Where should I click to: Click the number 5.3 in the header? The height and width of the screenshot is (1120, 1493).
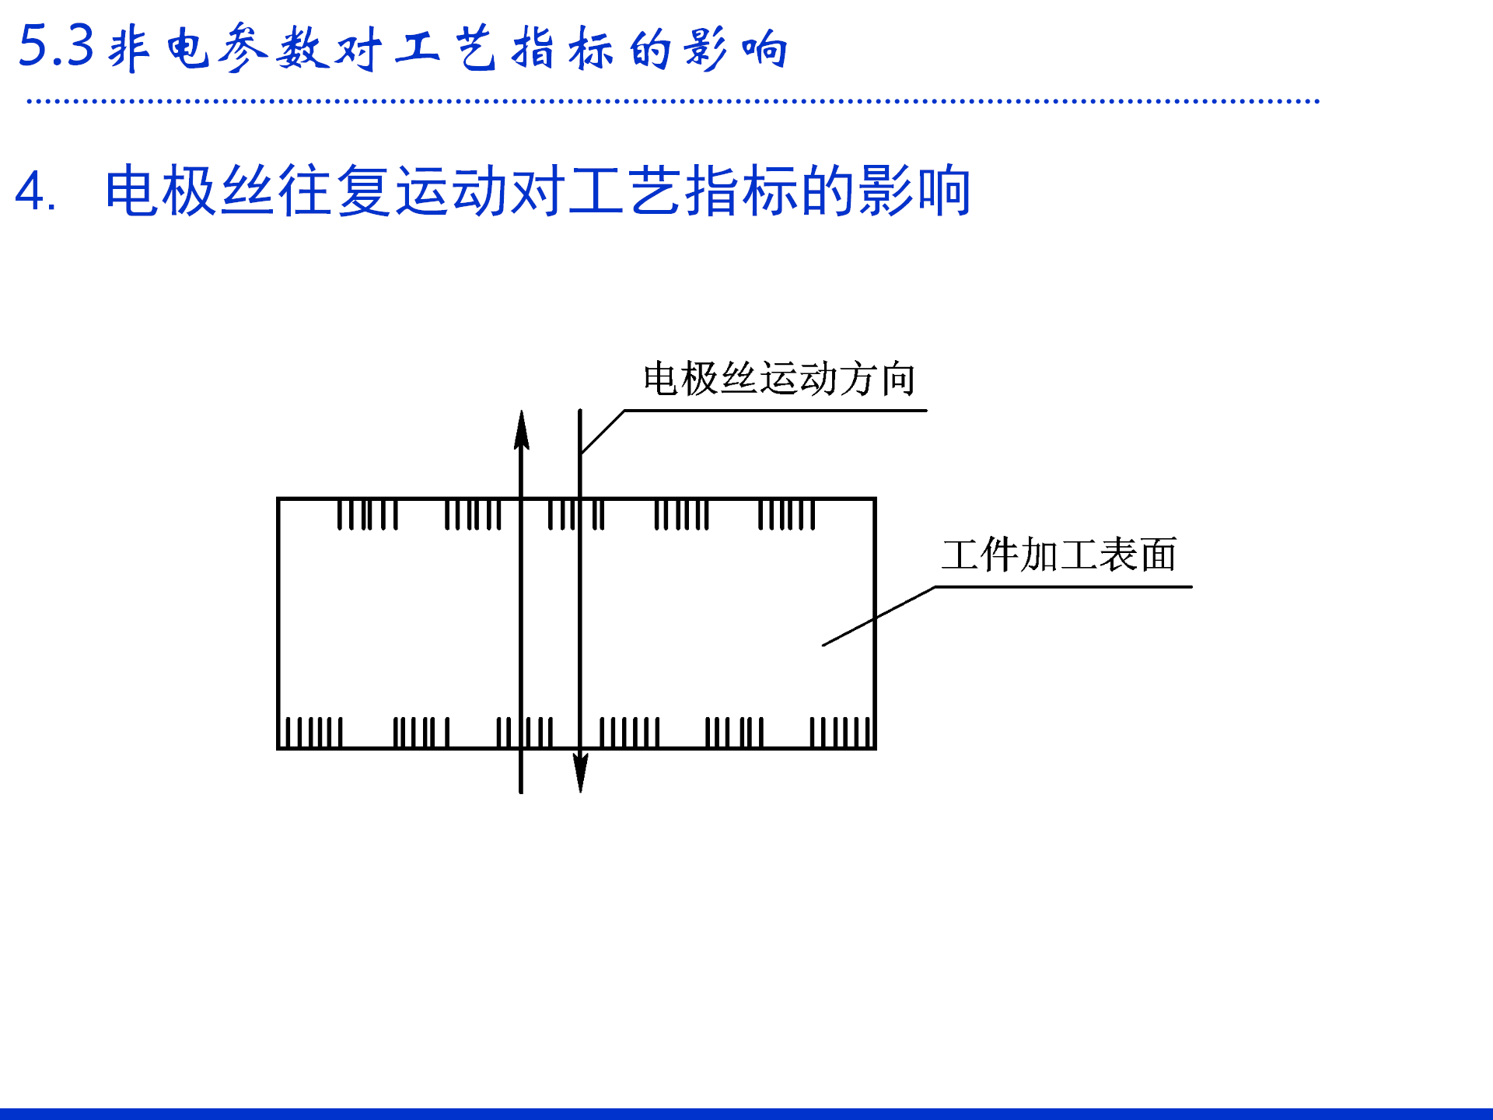coord(55,46)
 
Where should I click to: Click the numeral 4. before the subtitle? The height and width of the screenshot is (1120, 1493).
coord(35,191)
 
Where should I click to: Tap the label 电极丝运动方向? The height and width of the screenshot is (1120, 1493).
coord(778,380)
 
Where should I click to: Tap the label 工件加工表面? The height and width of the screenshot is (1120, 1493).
coord(1058,555)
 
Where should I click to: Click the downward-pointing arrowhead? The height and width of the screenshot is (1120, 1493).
coord(580,772)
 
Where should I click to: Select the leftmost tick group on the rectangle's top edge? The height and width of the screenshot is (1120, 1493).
coord(368,515)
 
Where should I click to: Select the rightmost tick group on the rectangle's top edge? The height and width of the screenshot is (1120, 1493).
coord(786,515)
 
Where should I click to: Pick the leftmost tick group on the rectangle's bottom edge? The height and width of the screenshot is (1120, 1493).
coord(313,732)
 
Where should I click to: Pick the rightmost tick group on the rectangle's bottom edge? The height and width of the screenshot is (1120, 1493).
coord(841,732)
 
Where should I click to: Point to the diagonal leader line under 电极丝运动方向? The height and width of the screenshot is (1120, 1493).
coord(603,432)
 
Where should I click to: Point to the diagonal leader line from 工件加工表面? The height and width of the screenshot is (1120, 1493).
coord(879,616)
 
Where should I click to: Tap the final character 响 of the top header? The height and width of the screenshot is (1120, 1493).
coord(765,48)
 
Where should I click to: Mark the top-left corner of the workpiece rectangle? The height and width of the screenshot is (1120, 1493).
coord(278,499)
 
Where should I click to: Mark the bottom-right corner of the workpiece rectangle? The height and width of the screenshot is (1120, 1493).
coord(876,748)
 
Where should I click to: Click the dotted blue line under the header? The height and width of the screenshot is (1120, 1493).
coord(673,100)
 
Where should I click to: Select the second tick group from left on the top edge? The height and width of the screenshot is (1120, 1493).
coord(473,515)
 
